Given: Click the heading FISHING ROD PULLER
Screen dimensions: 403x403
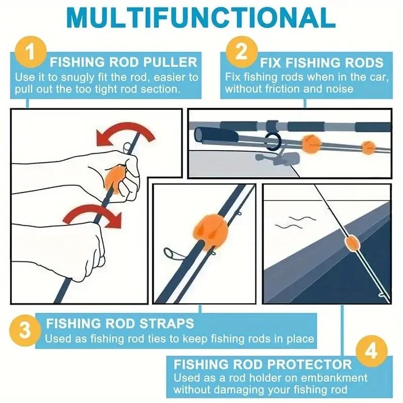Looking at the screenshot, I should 123,63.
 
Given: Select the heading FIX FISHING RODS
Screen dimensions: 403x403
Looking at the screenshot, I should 321,63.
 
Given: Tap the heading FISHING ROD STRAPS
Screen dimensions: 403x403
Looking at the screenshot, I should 120,323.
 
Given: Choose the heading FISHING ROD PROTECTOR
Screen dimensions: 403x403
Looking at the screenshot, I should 262,364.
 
